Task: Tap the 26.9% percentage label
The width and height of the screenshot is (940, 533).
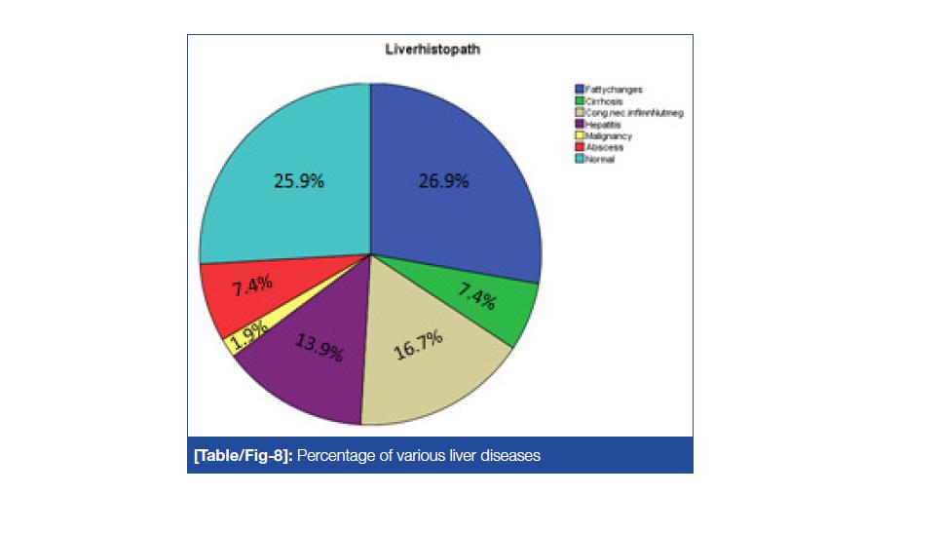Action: pyautogui.click(x=443, y=181)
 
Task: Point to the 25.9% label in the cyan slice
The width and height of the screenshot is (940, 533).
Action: pyautogui.click(x=298, y=181)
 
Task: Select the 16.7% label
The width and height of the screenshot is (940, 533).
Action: pyautogui.click(x=419, y=345)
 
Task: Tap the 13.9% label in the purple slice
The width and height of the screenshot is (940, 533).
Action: pyautogui.click(x=320, y=347)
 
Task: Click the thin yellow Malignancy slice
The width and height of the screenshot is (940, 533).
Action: pyautogui.click(x=234, y=341)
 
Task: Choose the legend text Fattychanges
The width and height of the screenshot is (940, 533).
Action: pyautogui.click(x=614, y=90)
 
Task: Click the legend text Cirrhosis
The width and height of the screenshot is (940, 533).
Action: pyautogui.click(x=604, y=101)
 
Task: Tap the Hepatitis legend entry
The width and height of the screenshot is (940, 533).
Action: pyautogui.click(x=603, y=125)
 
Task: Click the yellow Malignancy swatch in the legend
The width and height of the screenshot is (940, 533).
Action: pyautogui.click(x=580, y=136)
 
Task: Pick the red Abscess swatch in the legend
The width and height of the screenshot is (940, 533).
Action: pyautogui.click(x=580, y=148)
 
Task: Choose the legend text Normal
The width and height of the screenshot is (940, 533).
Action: pyautogui.click(x=600, y=160)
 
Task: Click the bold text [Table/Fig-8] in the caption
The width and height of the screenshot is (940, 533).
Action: pyautogui.click(x=242, y=455)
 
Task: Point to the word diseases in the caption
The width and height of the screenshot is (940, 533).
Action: pyautogui.click(x=512, y=455)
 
